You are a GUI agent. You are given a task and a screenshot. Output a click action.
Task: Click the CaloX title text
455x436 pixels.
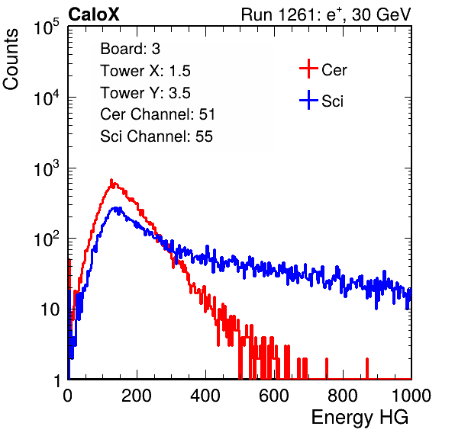[x=94, y=14]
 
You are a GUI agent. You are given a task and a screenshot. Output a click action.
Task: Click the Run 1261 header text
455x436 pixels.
[x=326, y=14]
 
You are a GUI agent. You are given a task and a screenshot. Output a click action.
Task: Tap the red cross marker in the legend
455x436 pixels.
[x=308, y=69]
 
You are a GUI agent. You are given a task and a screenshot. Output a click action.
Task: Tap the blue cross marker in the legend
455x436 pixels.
[x=308, y=100]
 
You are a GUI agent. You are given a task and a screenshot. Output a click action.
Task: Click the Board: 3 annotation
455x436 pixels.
[x=131, y=49]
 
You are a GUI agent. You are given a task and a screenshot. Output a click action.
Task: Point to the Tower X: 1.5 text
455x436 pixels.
[x=145, y=71]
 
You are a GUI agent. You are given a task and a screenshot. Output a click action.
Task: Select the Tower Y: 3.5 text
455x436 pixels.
[x=145, y=93]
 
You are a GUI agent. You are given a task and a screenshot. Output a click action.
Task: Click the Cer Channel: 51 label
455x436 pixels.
[x=157, y=114]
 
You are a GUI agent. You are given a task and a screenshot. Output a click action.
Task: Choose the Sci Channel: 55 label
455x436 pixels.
[x=157, y=136]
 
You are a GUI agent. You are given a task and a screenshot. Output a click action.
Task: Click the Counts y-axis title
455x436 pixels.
[x=11, y=59]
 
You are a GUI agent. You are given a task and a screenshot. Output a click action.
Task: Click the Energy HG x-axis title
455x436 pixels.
[x=360, y=417]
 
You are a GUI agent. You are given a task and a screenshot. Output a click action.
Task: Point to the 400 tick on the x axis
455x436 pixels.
[x=205, y=396]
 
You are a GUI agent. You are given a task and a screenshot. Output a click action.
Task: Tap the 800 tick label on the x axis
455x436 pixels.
[x=343, y=396]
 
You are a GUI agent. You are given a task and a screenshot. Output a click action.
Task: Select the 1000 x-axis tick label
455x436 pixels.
[x=411, y=396]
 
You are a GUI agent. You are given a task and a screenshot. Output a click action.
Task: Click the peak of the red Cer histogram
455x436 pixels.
[x=111, y=180]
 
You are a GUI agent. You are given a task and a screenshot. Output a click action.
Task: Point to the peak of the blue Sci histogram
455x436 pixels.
[x=116, y=207]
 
